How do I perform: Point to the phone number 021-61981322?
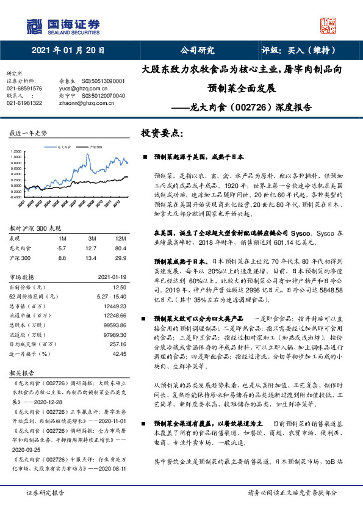coord(24,103)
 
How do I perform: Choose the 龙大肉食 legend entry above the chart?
coord(64,147)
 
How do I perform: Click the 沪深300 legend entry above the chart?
coord(95,147)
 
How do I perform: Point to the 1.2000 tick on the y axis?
coord(18,156)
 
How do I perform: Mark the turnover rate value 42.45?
coord(120,353)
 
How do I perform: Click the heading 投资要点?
coord(162,132)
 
